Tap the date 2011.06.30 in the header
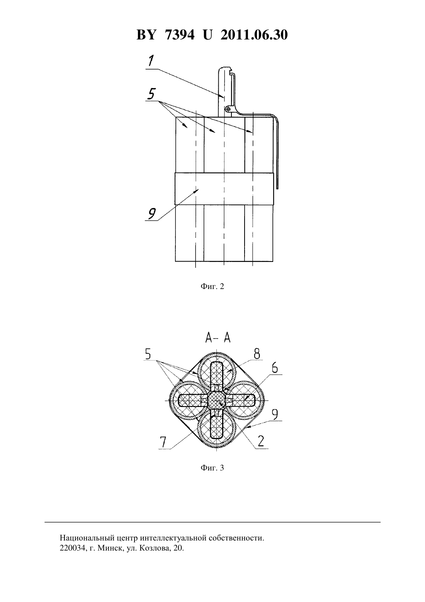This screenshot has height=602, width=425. coord(254,35)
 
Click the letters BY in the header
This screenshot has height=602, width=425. coord(146,35)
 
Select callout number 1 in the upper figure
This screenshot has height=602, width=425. coord(151,61)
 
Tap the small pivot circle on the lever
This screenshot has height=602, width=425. coord(228,109)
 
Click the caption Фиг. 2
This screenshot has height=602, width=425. coord(212,286)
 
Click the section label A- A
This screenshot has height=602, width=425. coord(218,338)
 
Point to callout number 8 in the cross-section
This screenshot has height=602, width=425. coord(257,354)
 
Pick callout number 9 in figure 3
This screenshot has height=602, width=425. coord(275,415)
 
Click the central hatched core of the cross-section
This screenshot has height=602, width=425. coord(217,400)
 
